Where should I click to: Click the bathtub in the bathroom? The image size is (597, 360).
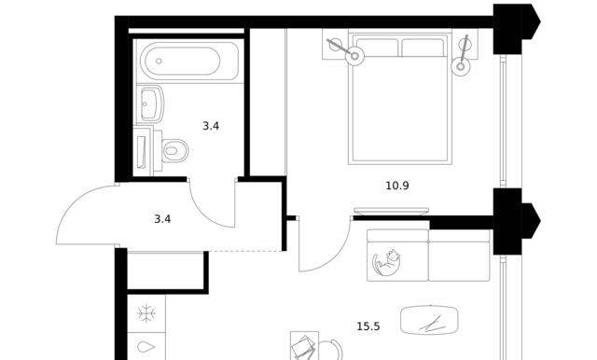pyautogui.click(x=189, y=61)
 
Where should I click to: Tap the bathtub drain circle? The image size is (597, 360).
pyautogui.click(x=159, y=61)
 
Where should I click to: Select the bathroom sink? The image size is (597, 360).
pyautogui.click(x=152, y=104)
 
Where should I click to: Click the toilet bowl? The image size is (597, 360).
pyautogui.click(x=175, y=151)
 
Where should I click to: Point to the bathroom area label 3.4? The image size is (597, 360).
pyautogui.click(x=211, y=126)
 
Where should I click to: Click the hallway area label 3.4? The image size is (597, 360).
pyautogui.click(x=162, y=219)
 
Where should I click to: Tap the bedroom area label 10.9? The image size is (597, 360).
pyautogui.click(x=397, y=186)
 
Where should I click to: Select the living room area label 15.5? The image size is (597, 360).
pyautogui.click(x=368, y=326)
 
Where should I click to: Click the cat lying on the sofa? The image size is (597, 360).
pyautogui.click(x=386, y=262)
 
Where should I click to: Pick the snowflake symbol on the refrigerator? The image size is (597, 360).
pyautogui.click(x=146, y=313)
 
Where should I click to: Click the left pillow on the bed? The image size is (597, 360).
pyautogui.click(x=377, y=48)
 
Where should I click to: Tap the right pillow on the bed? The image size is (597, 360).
pyautogui.click(x=423, y=48)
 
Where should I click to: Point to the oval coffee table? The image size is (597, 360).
pyautogui.click(x=429, y=320)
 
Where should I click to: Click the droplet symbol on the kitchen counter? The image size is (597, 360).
pyautogui.click(x=146, y=347)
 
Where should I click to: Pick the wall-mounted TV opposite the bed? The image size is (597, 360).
pyautogui.click(x=392, y=211)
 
